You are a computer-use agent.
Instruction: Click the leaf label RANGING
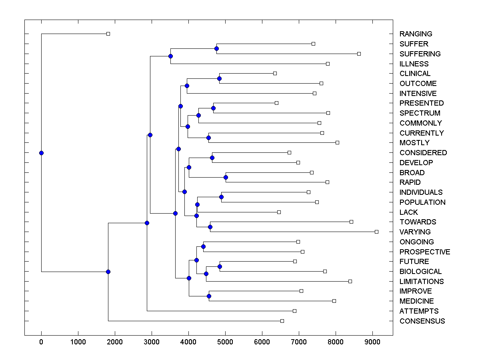coord(416,34)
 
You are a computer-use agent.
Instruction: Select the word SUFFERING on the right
coord(420,54)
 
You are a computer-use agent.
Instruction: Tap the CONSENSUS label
coord(422,321)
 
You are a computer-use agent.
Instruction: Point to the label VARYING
coord(415,232)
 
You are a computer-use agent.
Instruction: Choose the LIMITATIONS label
coord(422,282)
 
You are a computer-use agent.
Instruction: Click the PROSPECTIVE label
coord(425,252)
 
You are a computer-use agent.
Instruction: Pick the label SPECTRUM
coord(420,113)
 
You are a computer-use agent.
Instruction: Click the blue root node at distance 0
coord(41,153)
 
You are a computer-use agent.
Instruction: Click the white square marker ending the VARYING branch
coord(376,232)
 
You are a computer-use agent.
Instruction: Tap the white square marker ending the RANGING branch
coord(108,34)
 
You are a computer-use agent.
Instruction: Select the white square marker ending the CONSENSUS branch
coord(282,321)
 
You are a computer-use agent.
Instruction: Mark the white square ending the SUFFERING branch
coord(359,54)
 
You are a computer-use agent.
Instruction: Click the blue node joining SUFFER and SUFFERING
coord(216,49)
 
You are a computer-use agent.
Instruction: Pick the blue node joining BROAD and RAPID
coord(226,177)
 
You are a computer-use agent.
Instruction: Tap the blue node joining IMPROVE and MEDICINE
coord(209,296)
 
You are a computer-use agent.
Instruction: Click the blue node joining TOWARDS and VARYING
coord(210,227)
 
